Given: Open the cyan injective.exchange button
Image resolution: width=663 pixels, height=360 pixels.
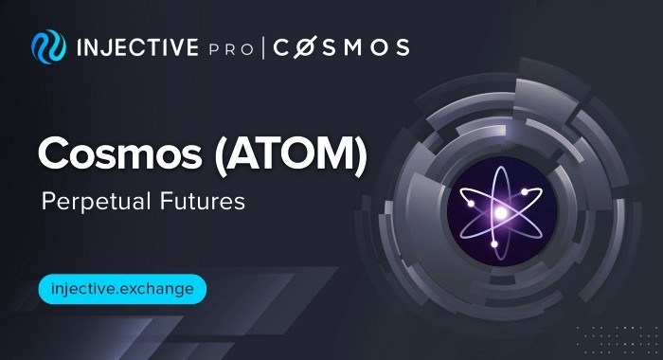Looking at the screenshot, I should [120, 287].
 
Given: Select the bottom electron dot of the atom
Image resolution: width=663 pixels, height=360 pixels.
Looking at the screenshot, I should [495, 245].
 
